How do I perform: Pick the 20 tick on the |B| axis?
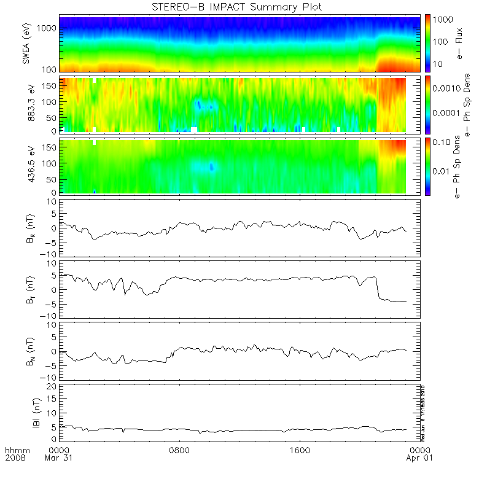(x=53, y=386)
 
